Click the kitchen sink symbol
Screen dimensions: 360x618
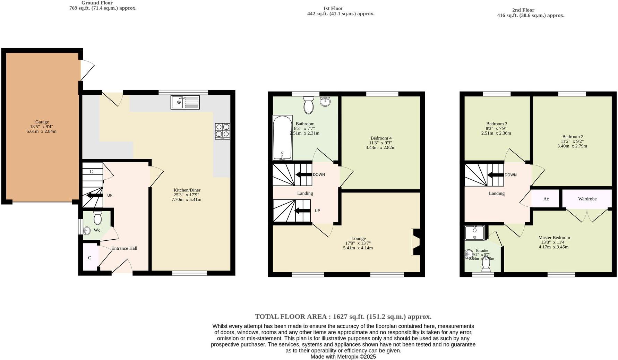pyautogui.click(x=185, y=102)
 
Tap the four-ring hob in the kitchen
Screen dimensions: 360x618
pyautogui.click(x=222, y=131)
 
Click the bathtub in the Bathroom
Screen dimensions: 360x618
pyautogui.click(x=282, y=137)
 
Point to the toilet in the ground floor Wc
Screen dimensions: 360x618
pyautogui.click(x=97, y=218)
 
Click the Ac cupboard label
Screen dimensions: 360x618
pyautogui.click(x=546, y=199)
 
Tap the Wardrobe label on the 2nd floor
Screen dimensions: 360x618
pyautogui.click(x=587, y=199)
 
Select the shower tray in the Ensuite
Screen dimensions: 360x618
pyautogui.click(x=475, y=233)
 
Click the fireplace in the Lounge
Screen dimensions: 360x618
pyautogui.click(x=415, y=242)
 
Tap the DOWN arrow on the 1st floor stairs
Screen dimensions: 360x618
pyautogui.click(x=303, y=174)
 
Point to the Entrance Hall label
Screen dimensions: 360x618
pyautogui.click(x=124, y=248)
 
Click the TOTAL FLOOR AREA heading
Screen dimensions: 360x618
pyautogui.click(x=343, y=316)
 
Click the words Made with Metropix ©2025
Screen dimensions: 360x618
pyautogui.click(x=343, y=357)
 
